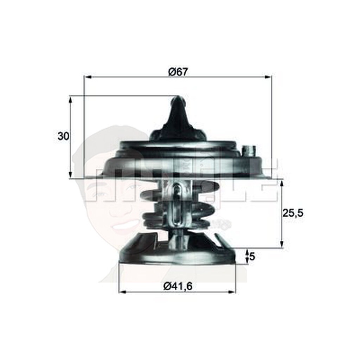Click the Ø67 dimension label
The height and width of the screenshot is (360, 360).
pos(178,72)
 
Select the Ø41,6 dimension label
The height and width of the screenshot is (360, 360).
pos(178,287)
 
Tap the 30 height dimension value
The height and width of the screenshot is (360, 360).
pos(63,136)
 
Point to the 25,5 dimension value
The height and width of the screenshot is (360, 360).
pos(292,213)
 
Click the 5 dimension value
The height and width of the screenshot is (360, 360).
pos(252,257)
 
